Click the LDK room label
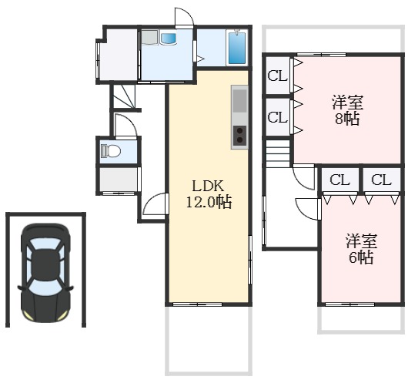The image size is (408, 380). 208,186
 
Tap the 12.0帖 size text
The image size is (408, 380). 209,202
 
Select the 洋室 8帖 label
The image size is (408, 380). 347,110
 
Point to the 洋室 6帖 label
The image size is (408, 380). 361,249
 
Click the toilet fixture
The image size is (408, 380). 111,151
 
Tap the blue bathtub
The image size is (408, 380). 237,48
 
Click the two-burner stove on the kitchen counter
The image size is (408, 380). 239,136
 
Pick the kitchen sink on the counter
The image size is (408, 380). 239,101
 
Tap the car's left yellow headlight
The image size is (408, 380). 27,315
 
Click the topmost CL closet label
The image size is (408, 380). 278,76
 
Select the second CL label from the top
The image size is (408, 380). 278,117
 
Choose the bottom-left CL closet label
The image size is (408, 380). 339,180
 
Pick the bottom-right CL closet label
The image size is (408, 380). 381,180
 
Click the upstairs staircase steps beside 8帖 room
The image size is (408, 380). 278,154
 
